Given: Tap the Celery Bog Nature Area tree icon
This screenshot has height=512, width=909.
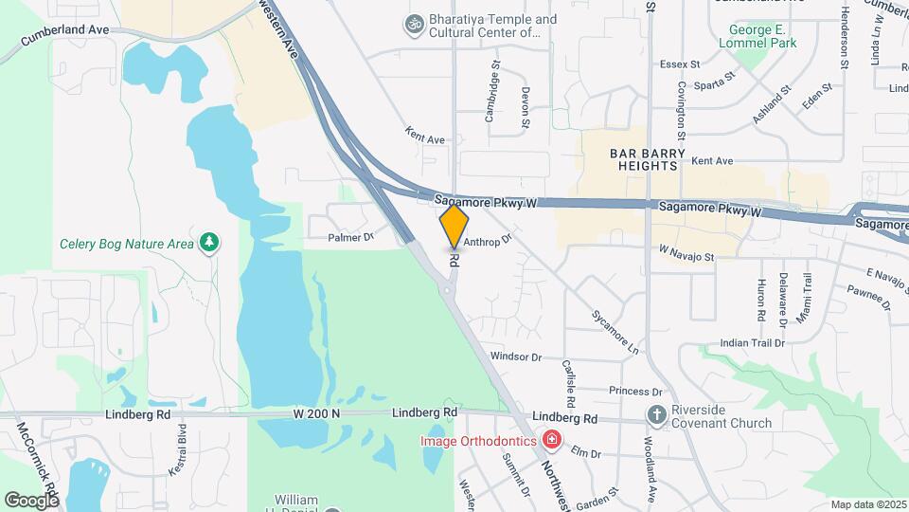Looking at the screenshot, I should (208, 244).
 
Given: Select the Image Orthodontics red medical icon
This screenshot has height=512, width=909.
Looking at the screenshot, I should (550, 441).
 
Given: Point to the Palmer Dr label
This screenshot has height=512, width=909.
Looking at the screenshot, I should (351, 237).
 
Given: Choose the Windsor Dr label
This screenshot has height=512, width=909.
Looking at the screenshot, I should (515, 357).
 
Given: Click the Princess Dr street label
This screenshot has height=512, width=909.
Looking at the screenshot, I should (635, 391).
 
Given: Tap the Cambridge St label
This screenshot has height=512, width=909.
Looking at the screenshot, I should (491, 92).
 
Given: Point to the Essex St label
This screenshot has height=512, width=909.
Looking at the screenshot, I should (680, 64).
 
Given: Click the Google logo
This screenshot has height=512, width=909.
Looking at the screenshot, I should (32, 500).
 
